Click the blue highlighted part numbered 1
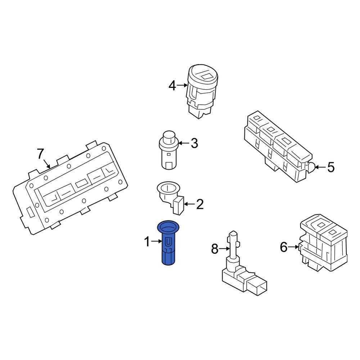167,248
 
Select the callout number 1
147,242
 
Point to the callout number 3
194,144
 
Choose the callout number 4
172,86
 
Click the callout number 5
330,167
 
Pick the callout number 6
284,247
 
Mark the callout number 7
41,154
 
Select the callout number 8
215,248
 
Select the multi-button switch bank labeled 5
277,148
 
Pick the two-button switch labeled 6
323,245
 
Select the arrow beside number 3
184,143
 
